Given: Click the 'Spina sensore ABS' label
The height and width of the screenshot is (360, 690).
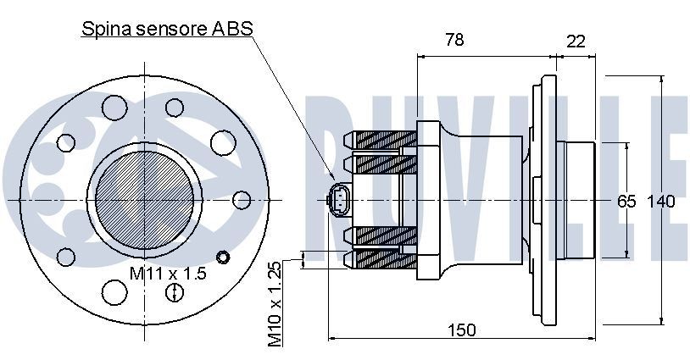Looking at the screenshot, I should [x=167, y=29].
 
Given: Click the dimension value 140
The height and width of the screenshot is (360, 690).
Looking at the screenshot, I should [x=660, y=202].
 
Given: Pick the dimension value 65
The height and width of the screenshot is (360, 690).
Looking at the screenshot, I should [x=626, y=202].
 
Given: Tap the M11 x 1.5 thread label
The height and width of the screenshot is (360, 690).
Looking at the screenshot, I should [x=168, y=273].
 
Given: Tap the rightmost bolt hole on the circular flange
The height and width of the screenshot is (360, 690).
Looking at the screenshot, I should [x=242, y=200].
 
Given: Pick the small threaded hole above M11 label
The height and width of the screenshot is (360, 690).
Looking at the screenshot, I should [x=223, y=257].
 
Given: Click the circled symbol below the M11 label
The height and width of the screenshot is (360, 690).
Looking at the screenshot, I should [x=175, y=293].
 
